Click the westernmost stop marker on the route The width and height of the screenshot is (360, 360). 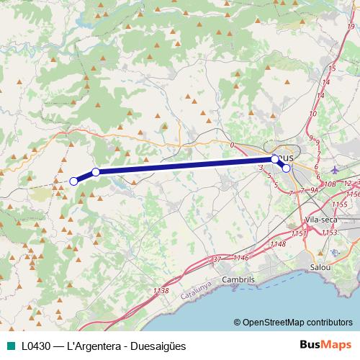pos(73,181)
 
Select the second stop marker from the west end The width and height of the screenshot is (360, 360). pos(96,172)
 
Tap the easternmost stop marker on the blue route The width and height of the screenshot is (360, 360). pos(287,168)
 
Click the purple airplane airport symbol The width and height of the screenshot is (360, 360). pos(336,170)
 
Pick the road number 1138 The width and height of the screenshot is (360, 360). pos(161,291)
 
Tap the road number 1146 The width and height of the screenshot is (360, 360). pos(240,258)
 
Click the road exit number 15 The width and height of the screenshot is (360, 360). pos(332,68)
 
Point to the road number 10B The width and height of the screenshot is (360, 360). pos(330,184)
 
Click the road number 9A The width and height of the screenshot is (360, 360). pos(314,190)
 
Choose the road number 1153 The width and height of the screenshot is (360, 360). pos(330,232)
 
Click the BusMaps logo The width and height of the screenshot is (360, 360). pos(326,346)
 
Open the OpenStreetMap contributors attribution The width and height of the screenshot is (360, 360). pos(297,322)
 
